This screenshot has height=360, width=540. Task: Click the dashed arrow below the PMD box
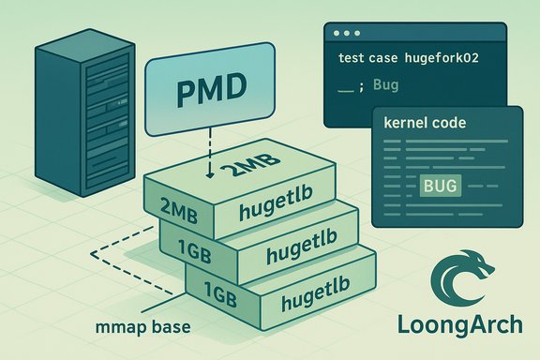(x=210, y=150)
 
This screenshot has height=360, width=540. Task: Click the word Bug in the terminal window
(x=385, y=85)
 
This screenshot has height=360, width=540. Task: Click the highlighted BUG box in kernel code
(x=440, y=186)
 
